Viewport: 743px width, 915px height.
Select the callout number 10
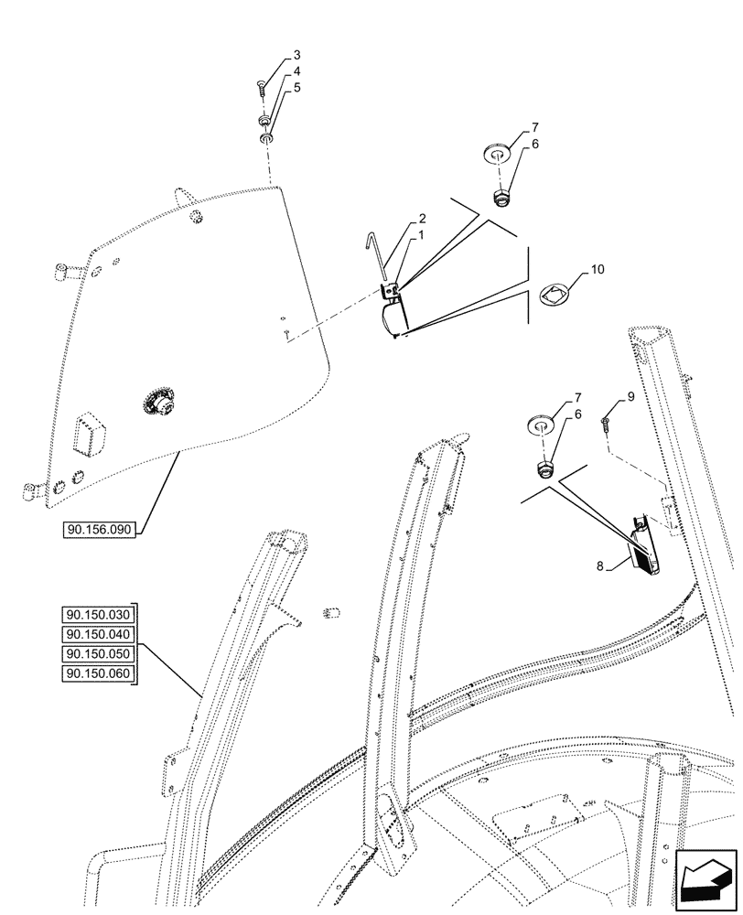(598, 270)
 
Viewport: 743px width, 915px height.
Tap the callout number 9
(630, 397)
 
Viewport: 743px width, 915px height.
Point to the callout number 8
(600, 566)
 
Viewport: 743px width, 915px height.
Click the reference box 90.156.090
(100, 529)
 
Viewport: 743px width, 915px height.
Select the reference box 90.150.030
(99, 614)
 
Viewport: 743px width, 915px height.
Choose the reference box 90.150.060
(99, 674)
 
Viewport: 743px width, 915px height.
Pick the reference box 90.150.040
(99, 634)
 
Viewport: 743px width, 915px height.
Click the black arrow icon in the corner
(705, 882)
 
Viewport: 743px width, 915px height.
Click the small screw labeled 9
(606, 422)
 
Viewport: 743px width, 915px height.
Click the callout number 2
(422, 220)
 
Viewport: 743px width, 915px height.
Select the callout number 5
(271, 87)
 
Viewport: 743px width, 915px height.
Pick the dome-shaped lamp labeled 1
(392, 318)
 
